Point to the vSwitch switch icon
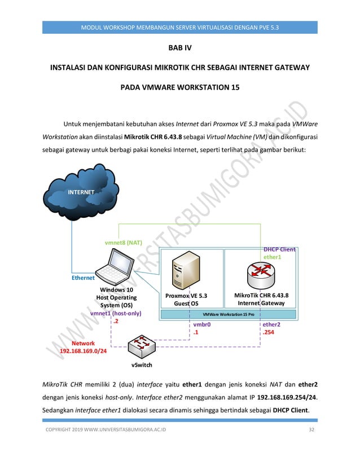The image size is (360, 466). (x=142, y=345)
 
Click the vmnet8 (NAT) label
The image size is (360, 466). (x=124, y=243)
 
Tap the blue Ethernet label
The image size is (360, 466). (x=83, y=278)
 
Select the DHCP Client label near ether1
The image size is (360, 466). (x=279, y=249)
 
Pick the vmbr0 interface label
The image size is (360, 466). (x=202, y=325)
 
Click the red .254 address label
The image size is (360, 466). (x=268, y=333)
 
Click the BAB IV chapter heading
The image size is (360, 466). (x=180, y=49)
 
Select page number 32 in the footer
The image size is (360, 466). (x=311, y=431)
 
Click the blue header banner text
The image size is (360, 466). (x=179, y=27)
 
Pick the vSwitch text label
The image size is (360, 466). (x=142, y=365)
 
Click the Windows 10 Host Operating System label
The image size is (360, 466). (x=116, y=297)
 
